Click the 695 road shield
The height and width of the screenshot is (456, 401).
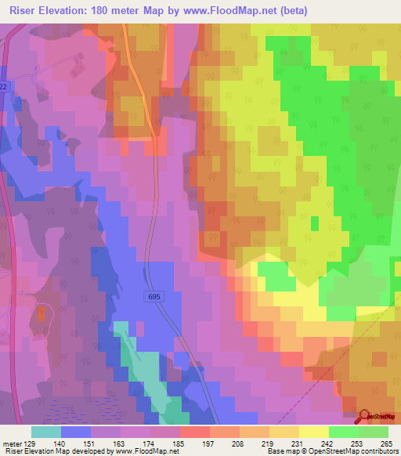(x=154, y=296)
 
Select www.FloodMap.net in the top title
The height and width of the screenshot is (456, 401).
(x=235, y=11)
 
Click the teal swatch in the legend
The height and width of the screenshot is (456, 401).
(x=46, y=432)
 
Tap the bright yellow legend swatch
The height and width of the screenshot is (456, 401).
(x=314, y=432)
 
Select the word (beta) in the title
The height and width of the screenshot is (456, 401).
(x=291, y=11)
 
